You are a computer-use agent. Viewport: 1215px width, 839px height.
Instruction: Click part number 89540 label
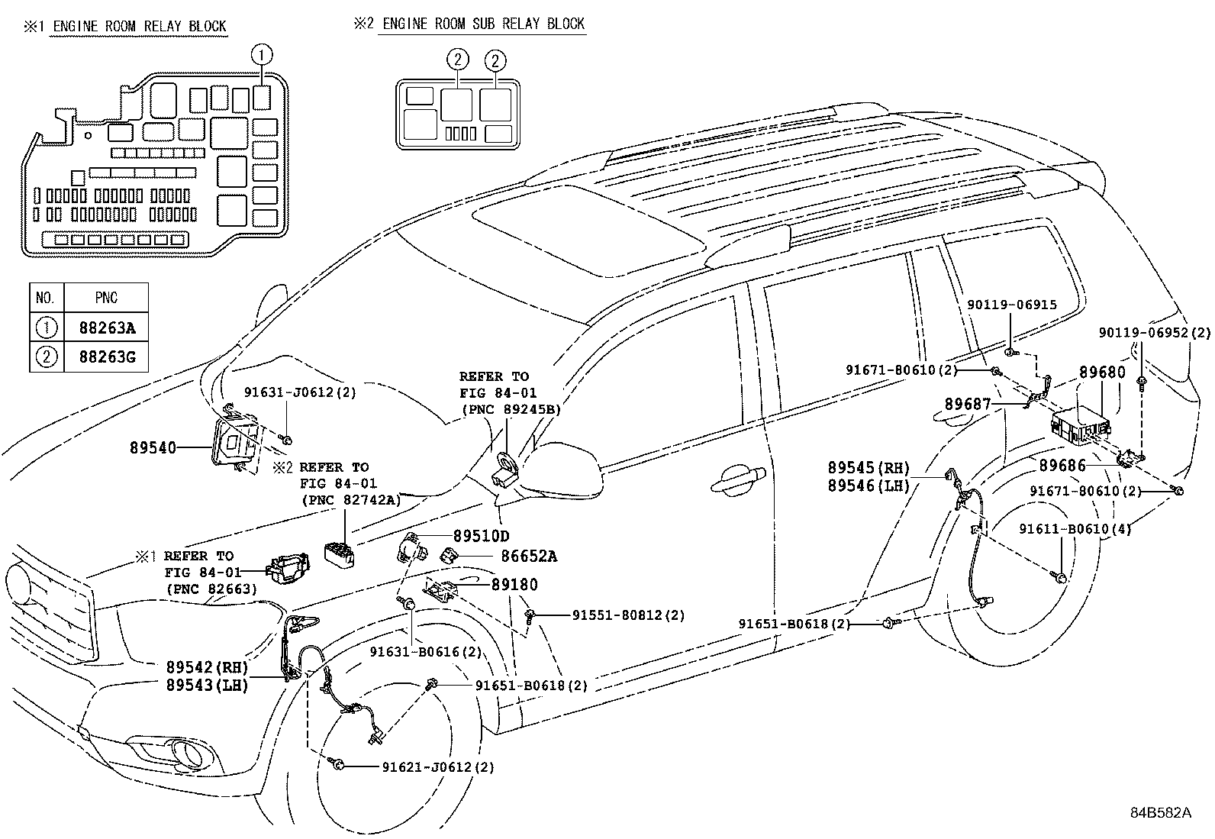[x=152, y=448]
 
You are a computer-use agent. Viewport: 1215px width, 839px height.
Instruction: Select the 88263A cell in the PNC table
[x=106, y=329]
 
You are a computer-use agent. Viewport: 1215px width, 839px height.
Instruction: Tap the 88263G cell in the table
[x=106, y=357]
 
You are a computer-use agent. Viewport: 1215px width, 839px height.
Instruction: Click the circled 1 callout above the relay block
[x=262, y=53]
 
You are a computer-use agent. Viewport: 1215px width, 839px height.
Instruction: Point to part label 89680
[x=1101, y=373]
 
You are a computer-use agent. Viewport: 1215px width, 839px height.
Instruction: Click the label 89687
[x=967, y=403]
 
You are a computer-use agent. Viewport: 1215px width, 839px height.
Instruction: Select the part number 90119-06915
[x=1011, y=305]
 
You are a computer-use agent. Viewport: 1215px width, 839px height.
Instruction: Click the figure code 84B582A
[x=1160, y=812]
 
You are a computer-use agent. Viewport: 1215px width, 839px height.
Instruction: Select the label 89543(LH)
[x=207, y=685]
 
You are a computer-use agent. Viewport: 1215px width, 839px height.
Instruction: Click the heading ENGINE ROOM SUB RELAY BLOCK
[x=482, y=24]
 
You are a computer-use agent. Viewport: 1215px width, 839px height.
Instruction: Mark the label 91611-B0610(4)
[x=1075, y=528]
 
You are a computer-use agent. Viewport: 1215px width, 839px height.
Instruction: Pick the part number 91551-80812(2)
[x=628, y=615]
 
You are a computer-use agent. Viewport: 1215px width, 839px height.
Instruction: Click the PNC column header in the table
[x=106, y=298]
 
